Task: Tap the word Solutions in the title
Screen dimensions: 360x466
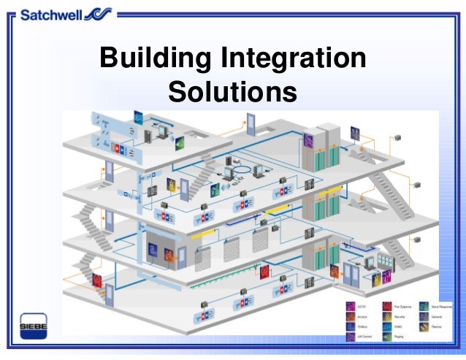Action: pyautogui.click(x=233, y=93)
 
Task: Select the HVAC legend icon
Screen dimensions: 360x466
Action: pyautogui.click(x=386, y=327)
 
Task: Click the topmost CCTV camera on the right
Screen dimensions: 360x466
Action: pyautogui.click(x=398, y=137)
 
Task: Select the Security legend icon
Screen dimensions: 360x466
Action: pyautogui.click(x=386, y=316)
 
